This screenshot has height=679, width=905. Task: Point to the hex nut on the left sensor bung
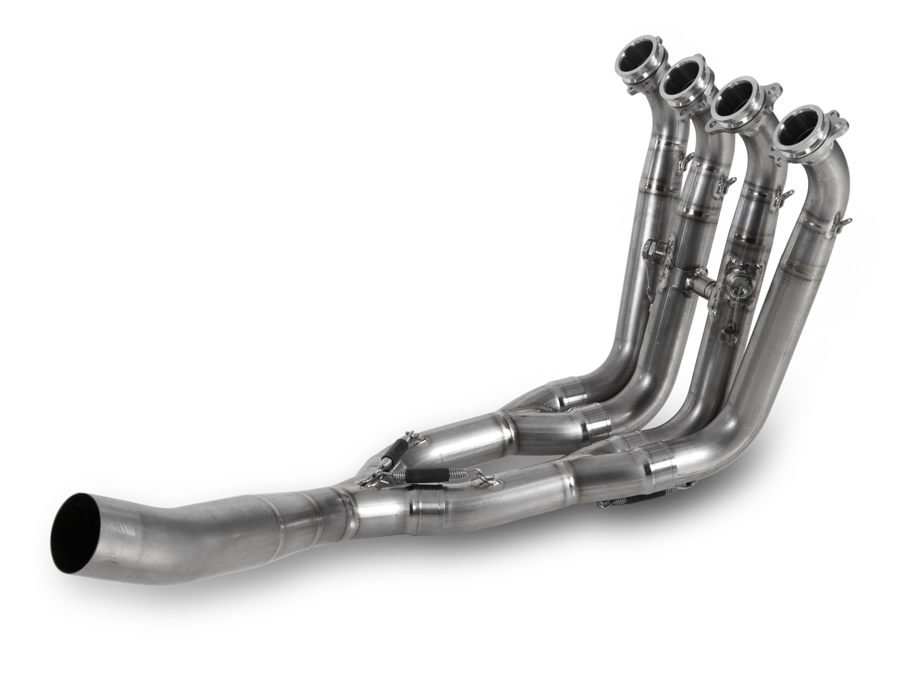(x=651, y=247)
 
